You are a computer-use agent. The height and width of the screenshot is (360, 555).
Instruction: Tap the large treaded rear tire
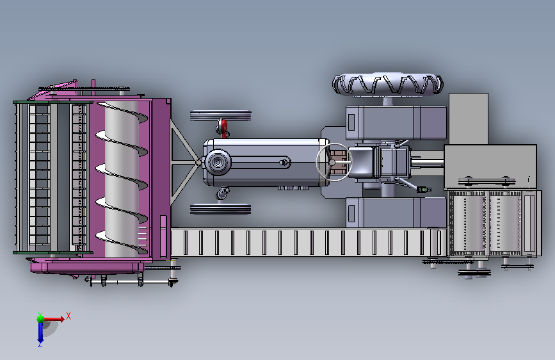coord(387,85)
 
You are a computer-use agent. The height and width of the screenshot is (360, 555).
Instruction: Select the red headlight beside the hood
coord(223,126)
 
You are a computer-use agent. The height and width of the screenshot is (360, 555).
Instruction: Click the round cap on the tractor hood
coord(218,162)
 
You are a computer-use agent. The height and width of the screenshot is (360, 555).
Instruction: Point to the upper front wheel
coord(220,115)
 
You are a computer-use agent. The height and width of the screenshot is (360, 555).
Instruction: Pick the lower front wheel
coord(220,209)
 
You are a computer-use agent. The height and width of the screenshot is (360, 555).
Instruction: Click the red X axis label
coord(68,316)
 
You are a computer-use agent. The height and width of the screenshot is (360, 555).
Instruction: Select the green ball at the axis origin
coord(41,318)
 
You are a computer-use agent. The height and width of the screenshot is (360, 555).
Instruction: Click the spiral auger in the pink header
coord(122,178)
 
